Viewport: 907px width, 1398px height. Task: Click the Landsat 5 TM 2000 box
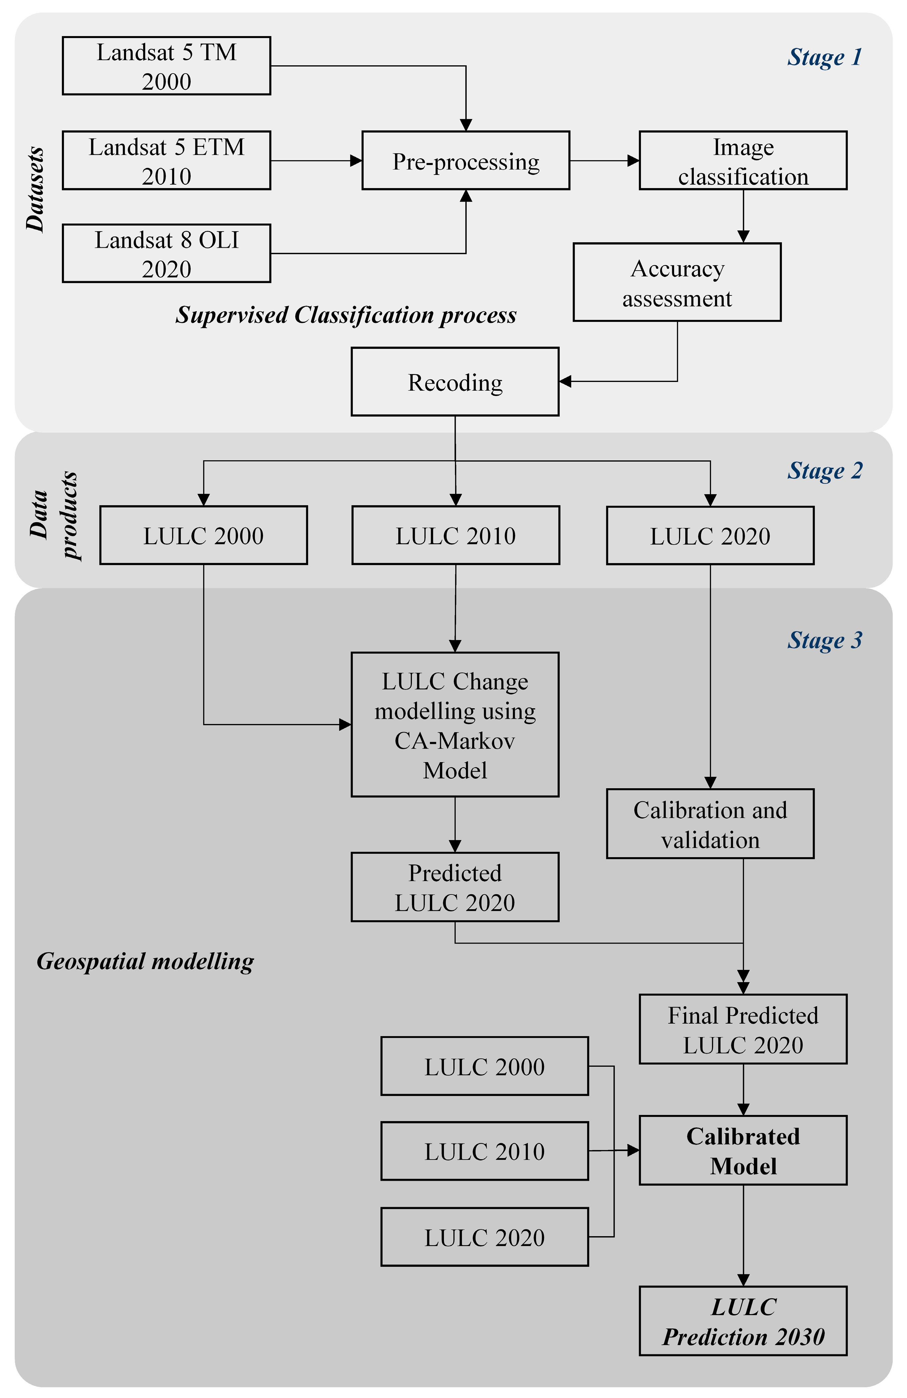pos(166,66)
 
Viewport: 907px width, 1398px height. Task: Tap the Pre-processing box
pos(465,160)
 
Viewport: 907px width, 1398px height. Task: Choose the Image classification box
pos(742,160)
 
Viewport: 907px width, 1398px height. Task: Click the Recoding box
pos(455,382)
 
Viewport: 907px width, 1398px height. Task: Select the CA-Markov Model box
pos(455,724)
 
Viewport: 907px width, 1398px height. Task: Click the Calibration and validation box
pos(710,824)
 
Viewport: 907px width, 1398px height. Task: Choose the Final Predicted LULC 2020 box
pos(742,1029)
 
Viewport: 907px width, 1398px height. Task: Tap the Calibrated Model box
pos(742,1150)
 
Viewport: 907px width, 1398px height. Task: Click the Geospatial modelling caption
pos(145,961)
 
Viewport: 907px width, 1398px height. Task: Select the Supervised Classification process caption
pos(346,315)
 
